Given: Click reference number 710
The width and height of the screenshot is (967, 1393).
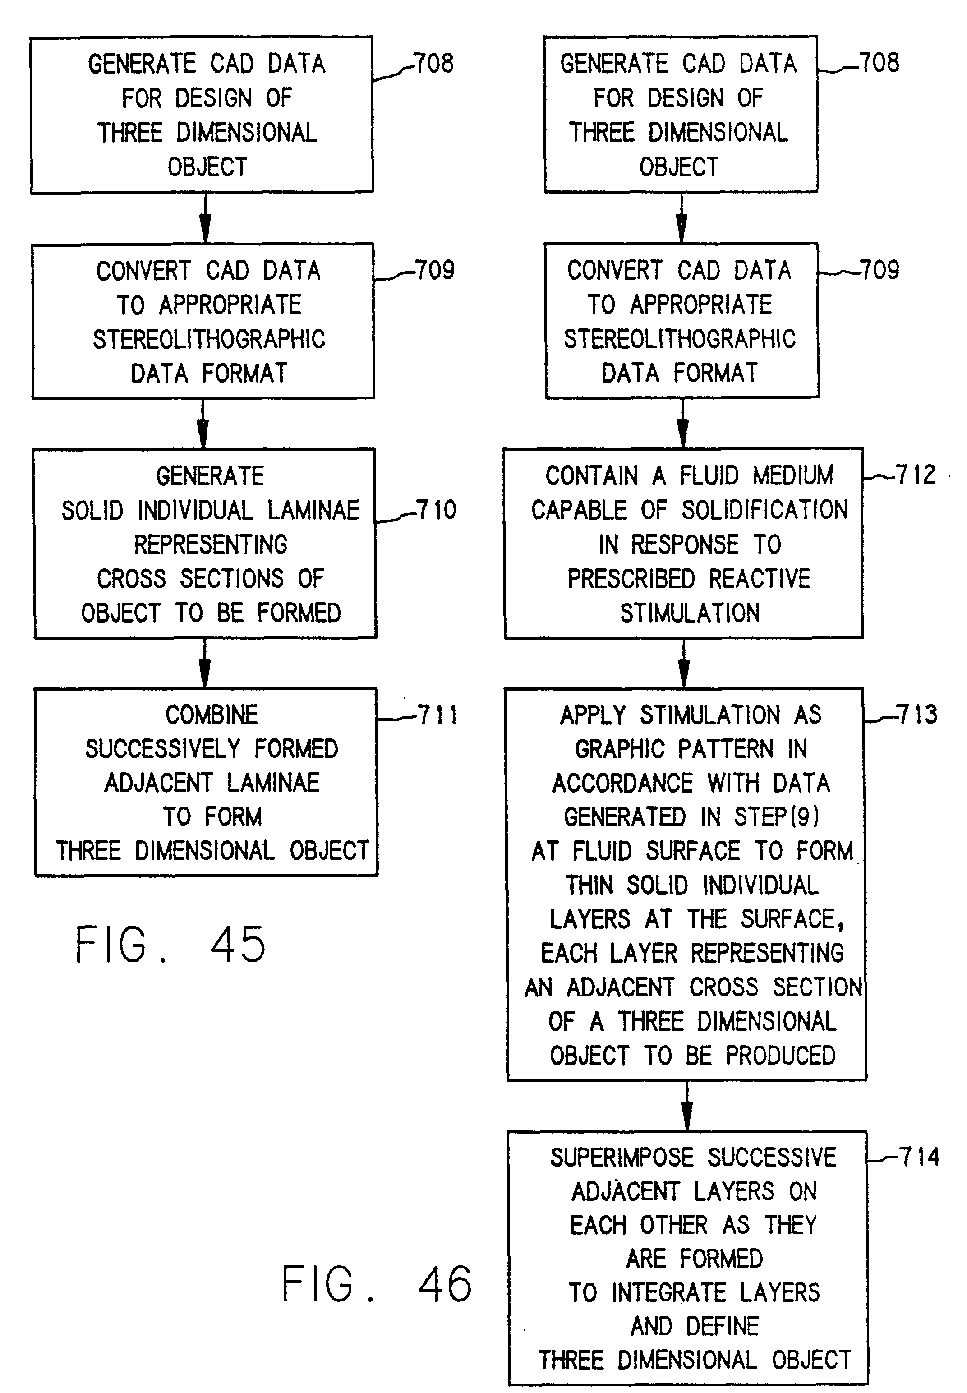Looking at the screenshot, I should [436, 510].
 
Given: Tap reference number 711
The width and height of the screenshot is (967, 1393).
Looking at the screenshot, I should [437, 715].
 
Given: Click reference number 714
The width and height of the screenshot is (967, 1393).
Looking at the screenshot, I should [919, 1157].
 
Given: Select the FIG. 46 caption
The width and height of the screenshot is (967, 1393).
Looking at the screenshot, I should [377, 1284].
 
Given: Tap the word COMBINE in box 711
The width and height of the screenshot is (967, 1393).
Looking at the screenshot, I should [212, 715].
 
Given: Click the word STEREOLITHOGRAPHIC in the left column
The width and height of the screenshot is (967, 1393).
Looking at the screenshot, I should [208, 339].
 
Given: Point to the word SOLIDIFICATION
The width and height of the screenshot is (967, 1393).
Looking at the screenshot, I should [764, 510].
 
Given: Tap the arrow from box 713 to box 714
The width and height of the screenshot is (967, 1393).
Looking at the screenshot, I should [686, 1106].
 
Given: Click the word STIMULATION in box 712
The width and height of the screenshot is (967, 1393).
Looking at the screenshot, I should [690, 613].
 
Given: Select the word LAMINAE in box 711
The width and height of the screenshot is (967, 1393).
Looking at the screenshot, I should [273, 783].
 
